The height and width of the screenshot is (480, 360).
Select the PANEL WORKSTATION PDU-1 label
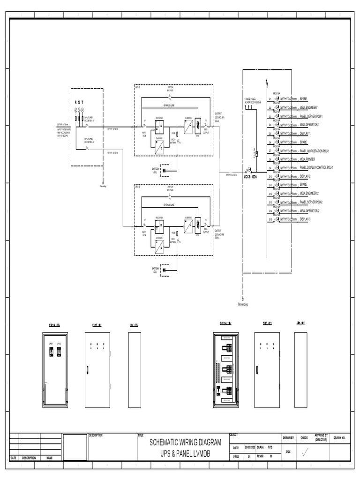click(315, 150)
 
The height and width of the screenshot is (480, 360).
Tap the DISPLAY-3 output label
click(306, 219)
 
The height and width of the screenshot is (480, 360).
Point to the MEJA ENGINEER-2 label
click(309, 193)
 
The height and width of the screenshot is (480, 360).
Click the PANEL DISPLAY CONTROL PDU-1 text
click(316, 167)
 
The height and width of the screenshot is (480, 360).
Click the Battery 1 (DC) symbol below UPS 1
click(165, 171)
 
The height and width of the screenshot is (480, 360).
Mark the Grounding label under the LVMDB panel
click(243, 304)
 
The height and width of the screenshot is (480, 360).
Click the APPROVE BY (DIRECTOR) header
click(321, 438)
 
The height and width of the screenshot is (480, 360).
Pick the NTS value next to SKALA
click(270, 448)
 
